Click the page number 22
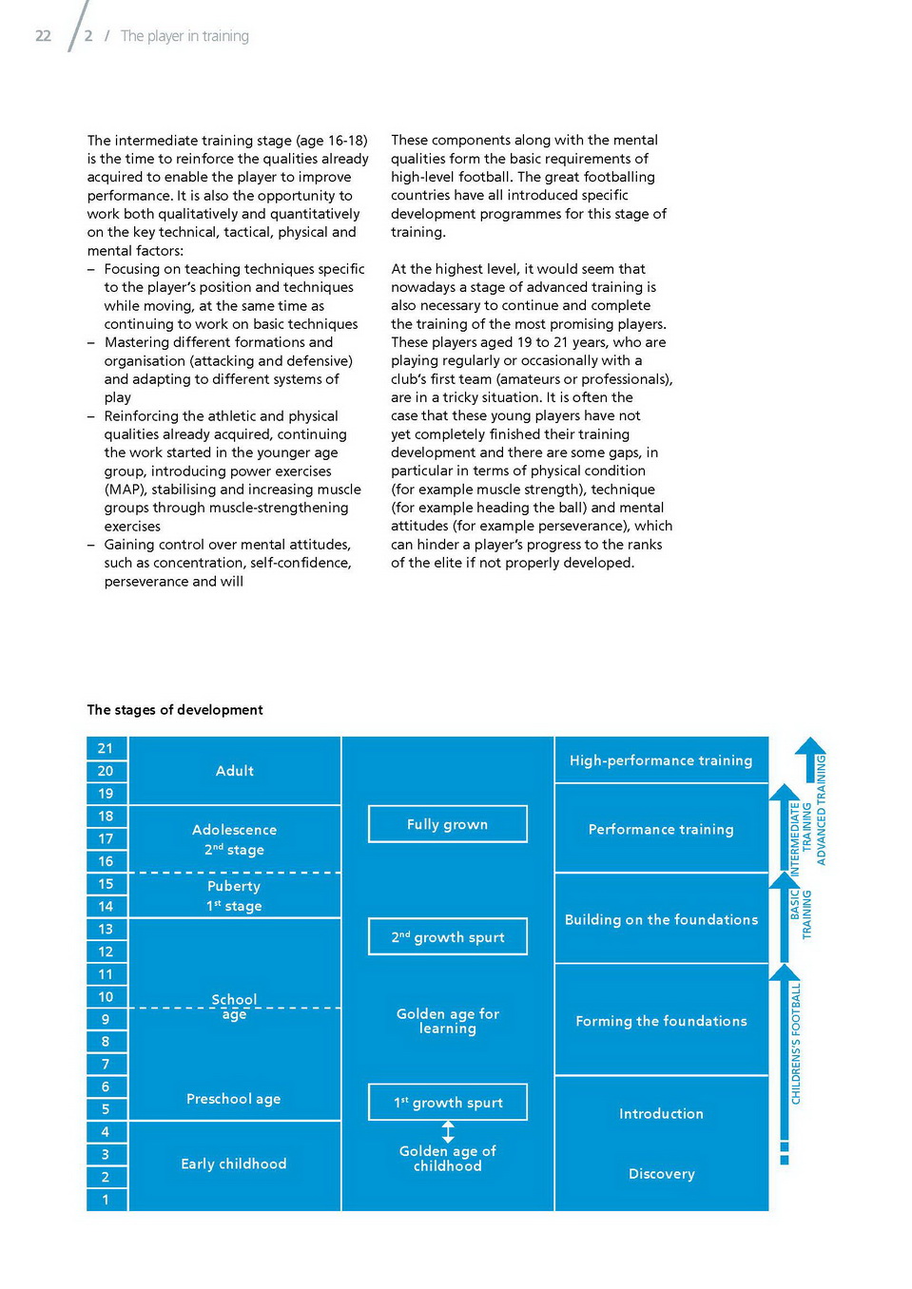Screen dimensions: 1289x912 click(x=43, y=36)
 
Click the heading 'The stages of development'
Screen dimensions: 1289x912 click(x=175, y=710)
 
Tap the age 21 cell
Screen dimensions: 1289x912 click(x=106, y=748)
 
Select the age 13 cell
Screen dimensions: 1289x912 click(x=106, y=929)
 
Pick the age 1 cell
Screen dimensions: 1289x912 click(x=106, y=1200)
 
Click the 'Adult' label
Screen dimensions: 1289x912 click(x=234, y=771)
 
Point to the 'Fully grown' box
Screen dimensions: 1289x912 click(x=447, y=824)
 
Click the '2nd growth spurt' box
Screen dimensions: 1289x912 click(x=447, y=937)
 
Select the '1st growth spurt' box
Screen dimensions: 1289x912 click(x=447, y=1103)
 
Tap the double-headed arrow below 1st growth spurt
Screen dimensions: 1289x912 click(x=448, y=1131)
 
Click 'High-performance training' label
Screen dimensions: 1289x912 click(x=661, y=760)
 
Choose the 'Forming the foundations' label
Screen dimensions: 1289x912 click(x=661, y=1021)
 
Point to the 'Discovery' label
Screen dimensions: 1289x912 click(x=661, y=1174)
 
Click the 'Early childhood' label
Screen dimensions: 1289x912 click(x=234, y=1164)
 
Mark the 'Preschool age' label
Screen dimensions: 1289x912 click(x=234, y=1099)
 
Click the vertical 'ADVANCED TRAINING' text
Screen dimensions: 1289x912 click(x=821, y=809)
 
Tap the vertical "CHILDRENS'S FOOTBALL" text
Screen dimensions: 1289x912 click(x=796, y=1043)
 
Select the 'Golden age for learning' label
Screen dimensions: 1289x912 click(x=448, y=1021)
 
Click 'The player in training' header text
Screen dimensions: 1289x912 click(x=184, y=36)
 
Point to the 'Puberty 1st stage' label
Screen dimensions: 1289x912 click(x=234, y=895)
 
